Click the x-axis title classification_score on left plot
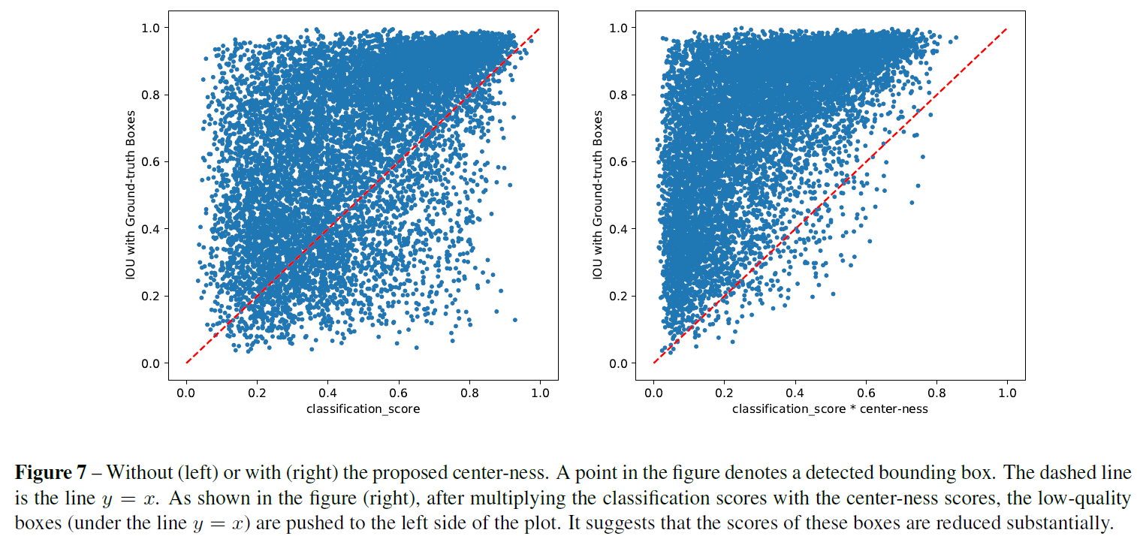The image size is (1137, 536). pos(363,409)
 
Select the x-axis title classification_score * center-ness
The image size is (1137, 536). pos(830,409)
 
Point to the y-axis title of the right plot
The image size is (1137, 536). pos(598,195)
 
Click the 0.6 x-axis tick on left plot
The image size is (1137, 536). pos(399,392)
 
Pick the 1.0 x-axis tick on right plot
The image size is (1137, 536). pos(1006,392)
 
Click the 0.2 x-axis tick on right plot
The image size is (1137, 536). pos(724,392)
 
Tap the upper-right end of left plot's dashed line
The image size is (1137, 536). pos(540,28)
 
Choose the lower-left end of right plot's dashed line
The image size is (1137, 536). pos(653,363)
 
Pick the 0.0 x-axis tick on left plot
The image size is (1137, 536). pos(186,392)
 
